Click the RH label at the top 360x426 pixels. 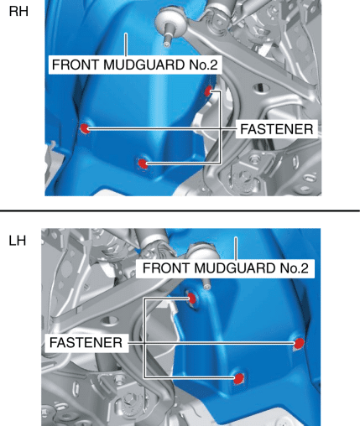[18, 12]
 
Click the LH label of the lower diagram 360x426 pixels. [18, 241]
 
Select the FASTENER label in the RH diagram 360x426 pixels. [277, 129]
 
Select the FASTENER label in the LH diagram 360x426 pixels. [86, 343]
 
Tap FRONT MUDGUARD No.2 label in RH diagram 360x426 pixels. [135, 65]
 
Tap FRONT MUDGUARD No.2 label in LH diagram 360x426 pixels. [226, 268]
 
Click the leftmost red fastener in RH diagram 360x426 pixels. [85, 128]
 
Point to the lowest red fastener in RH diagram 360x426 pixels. [143, 164]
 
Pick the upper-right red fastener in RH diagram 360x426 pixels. [208, 91]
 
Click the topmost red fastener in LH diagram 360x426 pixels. [192, 299]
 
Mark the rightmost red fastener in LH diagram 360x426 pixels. [300, 343]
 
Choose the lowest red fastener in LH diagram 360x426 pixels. [238, 378]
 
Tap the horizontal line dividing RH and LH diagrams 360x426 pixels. [180, 210]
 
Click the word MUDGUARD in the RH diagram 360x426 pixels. [144, 65]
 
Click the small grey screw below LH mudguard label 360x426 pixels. [206, 287]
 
